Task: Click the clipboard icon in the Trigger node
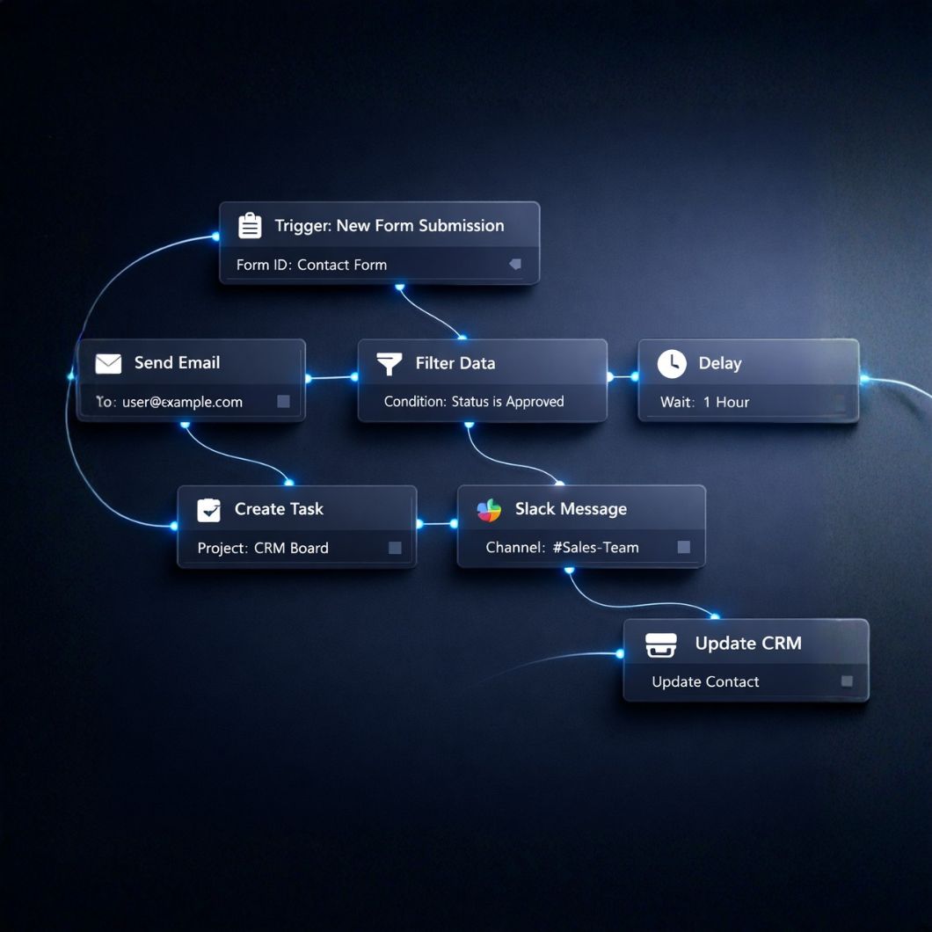(x=250, y=226)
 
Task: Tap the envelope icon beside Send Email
(x=108, y=363)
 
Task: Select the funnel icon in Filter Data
(x=389, y=363)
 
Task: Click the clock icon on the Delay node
(x=672, y=363)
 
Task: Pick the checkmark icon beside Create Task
(x=208, y=509)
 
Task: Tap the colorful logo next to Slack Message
(x=489, y=509)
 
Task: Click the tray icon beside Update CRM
(x=661, y=644)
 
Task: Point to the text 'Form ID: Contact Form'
(x=311, y=265)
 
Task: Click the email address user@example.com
(x=182, y=402)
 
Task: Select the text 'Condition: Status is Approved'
(x=474, y=402)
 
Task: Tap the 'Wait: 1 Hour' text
(x=705, y=402)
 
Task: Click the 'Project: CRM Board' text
(x=263, y=548)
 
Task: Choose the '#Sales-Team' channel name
(x=595, y=548)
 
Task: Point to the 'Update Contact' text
(x=705, y=681)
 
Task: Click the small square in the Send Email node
(x=283, y=402)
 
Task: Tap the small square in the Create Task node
(x=395, y=548)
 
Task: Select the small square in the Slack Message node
(x=683, y=548)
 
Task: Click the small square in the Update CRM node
(x=847, y=681)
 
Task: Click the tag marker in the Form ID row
(x=515, y=264)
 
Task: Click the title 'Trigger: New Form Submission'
(x=390, y=226)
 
